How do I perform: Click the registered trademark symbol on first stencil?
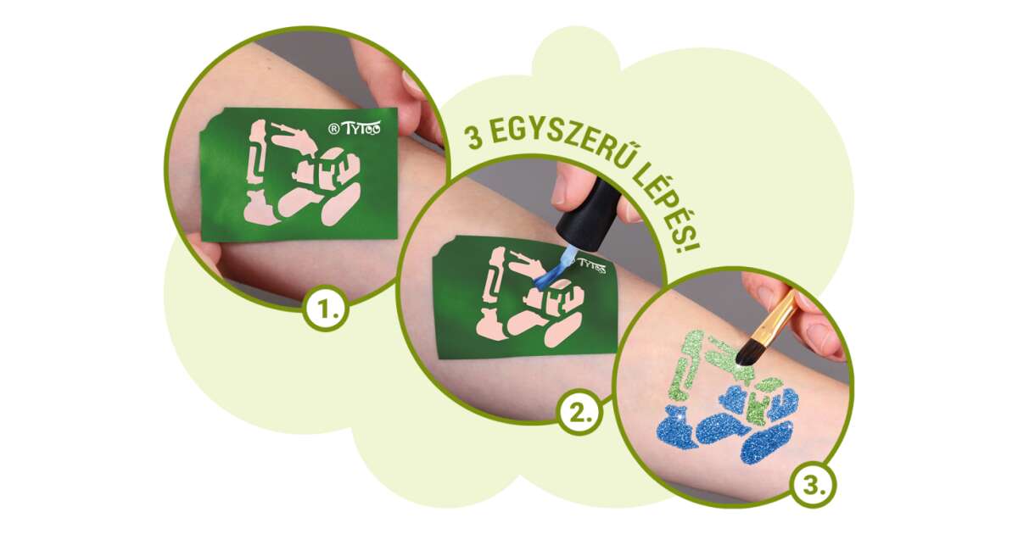[334, 130]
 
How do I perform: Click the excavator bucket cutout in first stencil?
[260, 209]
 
